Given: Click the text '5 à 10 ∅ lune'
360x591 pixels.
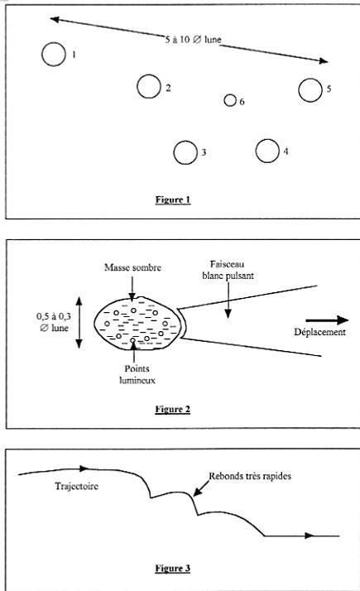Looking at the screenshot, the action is coord(193,39).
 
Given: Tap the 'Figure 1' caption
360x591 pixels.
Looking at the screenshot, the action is coord(173,199).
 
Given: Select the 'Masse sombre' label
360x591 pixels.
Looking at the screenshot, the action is coord(132,267).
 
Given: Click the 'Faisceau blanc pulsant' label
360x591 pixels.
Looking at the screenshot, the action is coord(228,270).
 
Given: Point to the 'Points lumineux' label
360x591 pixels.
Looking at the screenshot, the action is coord(137,374).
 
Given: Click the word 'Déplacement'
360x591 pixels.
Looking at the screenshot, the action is coord(319,332).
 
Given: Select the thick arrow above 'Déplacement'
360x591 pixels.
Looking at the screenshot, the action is coord(327,320).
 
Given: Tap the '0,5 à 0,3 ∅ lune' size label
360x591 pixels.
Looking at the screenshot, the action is coord(54,322).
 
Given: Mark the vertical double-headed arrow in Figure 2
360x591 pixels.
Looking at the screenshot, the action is coord(79,322).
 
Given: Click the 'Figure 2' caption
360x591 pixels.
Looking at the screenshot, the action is coord(173,410).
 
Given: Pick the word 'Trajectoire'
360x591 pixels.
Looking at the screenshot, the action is coord(76,486).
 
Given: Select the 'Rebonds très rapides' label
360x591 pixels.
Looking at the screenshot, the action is coord(250,476).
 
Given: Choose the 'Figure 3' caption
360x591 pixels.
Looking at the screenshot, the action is coord(173,568).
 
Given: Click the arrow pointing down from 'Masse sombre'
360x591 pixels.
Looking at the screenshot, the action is coord(132,289).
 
